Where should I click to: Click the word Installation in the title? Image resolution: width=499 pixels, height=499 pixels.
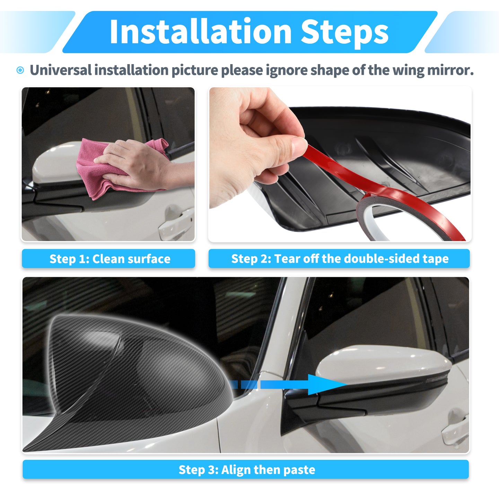[201, 32]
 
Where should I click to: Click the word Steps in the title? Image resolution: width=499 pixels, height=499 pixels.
[344, 33]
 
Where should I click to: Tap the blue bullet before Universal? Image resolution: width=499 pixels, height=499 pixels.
[20, 70]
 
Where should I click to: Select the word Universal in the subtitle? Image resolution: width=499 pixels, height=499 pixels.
[61, 70]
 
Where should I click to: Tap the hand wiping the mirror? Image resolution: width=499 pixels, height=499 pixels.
[140, 165]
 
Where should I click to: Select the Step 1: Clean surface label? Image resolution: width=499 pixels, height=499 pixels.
[108, 259]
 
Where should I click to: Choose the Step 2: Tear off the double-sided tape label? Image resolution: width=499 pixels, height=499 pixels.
[339, 259]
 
